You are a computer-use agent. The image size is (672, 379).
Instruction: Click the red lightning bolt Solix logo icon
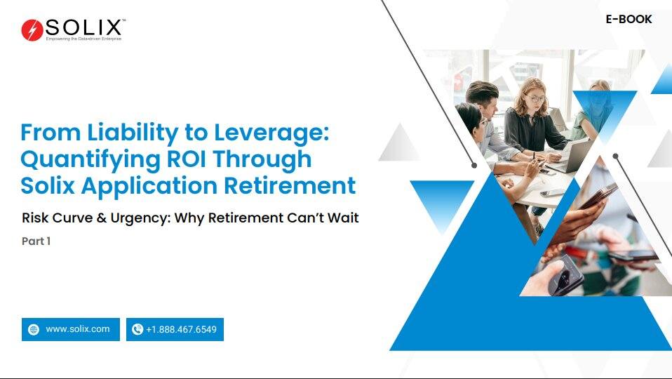32,30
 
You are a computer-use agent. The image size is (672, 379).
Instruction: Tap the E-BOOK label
629,19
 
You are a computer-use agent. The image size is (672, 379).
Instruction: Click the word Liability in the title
133,133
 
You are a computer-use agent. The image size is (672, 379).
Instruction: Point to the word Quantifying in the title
90,160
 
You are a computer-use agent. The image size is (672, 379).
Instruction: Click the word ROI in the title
186,159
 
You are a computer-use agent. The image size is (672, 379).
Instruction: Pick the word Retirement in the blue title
290,186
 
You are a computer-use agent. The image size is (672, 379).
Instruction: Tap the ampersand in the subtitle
102,218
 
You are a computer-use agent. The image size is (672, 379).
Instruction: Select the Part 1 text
36,241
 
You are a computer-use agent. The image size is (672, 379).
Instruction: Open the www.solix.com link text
78,329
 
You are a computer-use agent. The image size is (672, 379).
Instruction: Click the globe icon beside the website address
34,329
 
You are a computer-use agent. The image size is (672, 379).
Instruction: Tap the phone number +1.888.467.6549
181,329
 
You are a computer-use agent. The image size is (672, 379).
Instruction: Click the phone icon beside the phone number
137,329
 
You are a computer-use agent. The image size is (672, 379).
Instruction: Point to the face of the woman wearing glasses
535,99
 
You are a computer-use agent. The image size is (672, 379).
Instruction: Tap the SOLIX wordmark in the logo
83,27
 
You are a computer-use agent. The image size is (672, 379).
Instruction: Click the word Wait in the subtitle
343,218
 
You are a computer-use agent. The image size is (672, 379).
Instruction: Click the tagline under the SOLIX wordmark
83,39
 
